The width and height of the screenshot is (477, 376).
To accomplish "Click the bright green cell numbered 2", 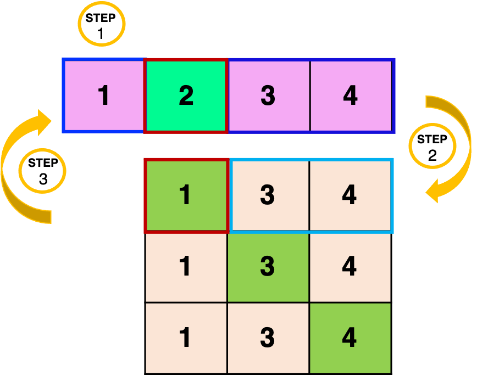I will (x=186, y=96).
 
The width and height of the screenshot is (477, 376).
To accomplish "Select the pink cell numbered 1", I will (x=104, y=96).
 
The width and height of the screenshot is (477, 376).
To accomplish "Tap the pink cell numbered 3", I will (x=268, y=96).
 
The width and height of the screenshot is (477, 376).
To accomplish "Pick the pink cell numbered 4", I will (x=351, y=96).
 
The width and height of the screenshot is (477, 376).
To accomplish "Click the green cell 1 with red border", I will (x=186, y=195).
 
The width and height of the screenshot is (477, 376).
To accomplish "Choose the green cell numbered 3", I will (x=268, y=267).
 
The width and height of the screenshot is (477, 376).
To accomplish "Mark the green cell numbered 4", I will (x=350, y=338).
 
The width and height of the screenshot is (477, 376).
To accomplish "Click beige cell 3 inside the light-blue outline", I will (x=268, y=195).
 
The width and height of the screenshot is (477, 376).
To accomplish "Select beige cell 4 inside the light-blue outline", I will (x=350, y=195).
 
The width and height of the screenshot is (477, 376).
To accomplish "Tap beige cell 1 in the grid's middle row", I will (x=186, y=267).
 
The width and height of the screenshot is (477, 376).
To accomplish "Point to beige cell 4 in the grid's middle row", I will (x=350, y=267).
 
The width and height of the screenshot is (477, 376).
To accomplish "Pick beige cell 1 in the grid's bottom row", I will (x=186, y=338).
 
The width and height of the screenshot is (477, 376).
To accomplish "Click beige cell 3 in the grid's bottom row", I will (x=268, y=338).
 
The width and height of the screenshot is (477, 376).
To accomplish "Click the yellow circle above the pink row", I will (x=102, y=24).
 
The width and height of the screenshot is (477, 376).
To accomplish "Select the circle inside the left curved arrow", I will (x=42, y=171).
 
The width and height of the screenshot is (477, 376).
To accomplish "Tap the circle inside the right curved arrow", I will (x=432, y=145).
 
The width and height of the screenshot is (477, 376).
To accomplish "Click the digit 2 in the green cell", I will (x=186, y=96).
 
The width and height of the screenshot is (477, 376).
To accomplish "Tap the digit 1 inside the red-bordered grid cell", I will (x=186, y=195).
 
